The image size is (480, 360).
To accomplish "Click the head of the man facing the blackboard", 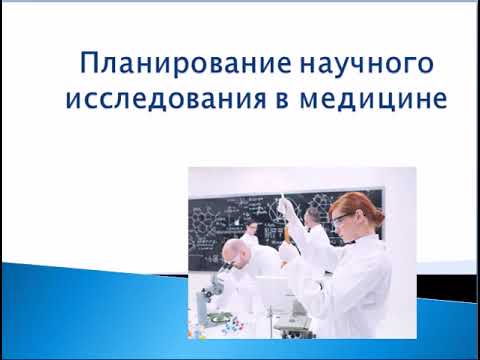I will [x=252, y=229].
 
